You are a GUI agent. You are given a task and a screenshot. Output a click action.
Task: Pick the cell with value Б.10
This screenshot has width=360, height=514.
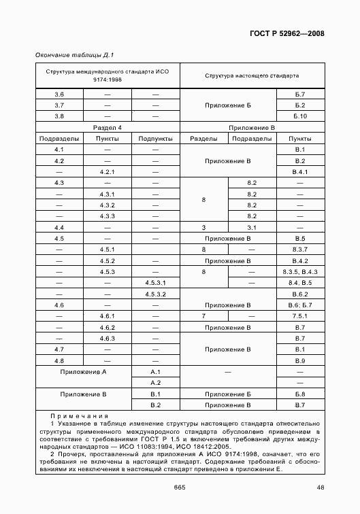pyautogui.click(x=299, y=116)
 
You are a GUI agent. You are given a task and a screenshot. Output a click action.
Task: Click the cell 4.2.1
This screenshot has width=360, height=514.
pyautogui.click(x=107, y=172)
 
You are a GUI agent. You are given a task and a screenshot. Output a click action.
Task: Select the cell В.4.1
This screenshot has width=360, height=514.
pyautogui.click(x=299, y=172)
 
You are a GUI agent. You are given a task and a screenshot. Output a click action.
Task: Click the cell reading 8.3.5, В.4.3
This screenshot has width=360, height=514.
pyautogui.click(x=299, y=271)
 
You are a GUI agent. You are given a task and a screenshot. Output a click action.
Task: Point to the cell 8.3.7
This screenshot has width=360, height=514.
pyautogui.click(x=299, y=250)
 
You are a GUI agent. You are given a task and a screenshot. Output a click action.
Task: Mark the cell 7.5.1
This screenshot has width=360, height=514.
pyautogui.click(x=299, y=316)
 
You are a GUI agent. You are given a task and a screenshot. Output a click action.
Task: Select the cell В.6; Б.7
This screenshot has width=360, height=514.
pyautogui.click(x=299, y=305)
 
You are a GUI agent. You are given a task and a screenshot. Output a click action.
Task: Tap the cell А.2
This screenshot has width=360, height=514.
pyautogui.click(x=155, y=383)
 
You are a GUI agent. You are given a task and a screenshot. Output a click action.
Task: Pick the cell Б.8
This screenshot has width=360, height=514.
pyautogui.click(x=299, y=394)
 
